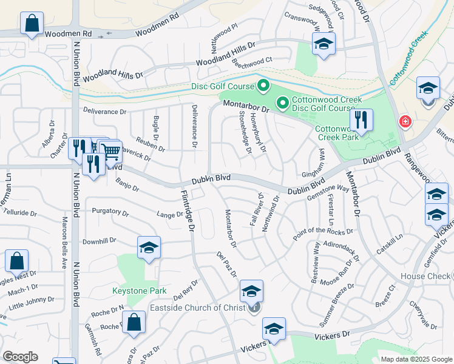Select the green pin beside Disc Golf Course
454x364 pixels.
tap(263, 86)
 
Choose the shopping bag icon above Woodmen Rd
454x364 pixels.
tap(32, 24)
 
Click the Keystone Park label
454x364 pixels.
tap(140, 291)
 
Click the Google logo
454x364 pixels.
tap(21, 356)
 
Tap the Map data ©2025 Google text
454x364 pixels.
tap(416, 359)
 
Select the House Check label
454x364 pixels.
tap(425, 276)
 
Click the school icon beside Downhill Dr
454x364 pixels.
tap(149, 248)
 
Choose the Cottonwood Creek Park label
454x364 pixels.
tap(335, 133)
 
